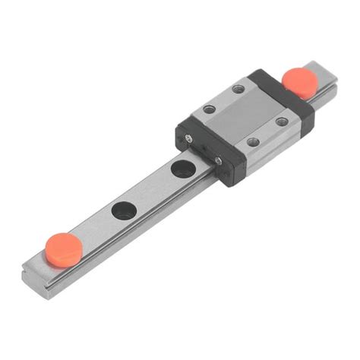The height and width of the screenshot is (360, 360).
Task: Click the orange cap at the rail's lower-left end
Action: pyautogui.click(x=63, y=245)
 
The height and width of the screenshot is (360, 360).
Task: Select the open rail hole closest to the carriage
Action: pyautogui.click(x=182, y=168)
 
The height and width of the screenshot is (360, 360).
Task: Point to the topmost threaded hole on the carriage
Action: pyautogui.click(x=238, y=89)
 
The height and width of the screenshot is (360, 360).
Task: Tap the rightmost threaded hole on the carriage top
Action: pyautogui.click(x=282, y=121)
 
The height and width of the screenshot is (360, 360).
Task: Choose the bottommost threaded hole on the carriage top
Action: pyautogui.click(x=253, y=142)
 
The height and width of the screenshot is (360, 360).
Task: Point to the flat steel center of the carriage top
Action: pyautogui.click(x=245, y=115)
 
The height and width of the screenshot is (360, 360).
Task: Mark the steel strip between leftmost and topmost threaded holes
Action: pyautogui.click(x=224, y=99)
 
